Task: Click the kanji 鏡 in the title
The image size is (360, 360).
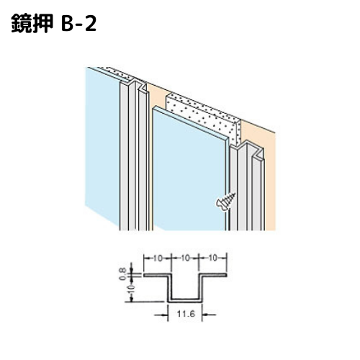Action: [x=22, y=23]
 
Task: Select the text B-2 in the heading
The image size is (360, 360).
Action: [x=78, y=24]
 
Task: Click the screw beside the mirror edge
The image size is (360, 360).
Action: [x=226, y=202]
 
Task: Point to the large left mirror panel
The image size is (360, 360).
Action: [x=102, y=144]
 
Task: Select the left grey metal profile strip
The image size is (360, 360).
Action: [x=133, y=156]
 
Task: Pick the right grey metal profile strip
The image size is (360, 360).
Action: [x=247, y=187]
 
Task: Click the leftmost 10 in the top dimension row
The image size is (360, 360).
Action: [x=158, y=258]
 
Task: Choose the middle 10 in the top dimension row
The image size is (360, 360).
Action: [x=185, y=258]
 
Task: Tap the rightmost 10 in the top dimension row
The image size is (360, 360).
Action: [x=212, y=258]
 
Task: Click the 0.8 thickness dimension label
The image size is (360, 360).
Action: [x=122, y=274]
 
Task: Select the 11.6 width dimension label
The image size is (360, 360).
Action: [x=185, y=313]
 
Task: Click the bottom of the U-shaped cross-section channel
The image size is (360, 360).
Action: [x=184, y=300]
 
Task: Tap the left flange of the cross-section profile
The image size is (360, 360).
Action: [x=157, y=275]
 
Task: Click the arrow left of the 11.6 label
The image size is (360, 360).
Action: [x=161, y=314]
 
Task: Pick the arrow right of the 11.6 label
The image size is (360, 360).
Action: [x=209, y=314]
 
